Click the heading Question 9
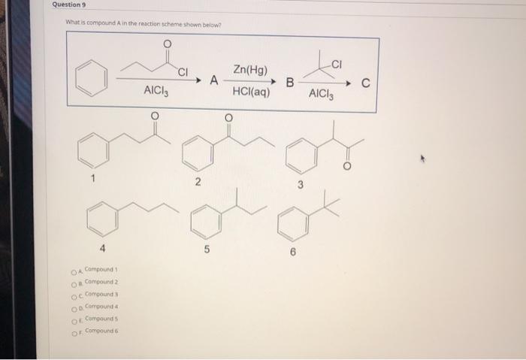pyautogui.click(x=70, y=5)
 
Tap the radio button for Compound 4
pyautogui.click(x=74, y=307)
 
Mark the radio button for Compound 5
pyautogui.click(x=74, y=319)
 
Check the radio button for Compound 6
pyautogui.click(x=74, y=331)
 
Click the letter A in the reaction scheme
pyautogui.click(x=215, y=80)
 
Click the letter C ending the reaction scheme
pyautogui.click(x=365, y=83)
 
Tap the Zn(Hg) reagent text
pyautogui.click(x=251, y=70)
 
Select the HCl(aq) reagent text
pyautogui.click(x=251, y=93)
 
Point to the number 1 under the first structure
pyautogui.click(x=93, y=180)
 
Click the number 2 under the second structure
pyautogui.click(x=197, y=183)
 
